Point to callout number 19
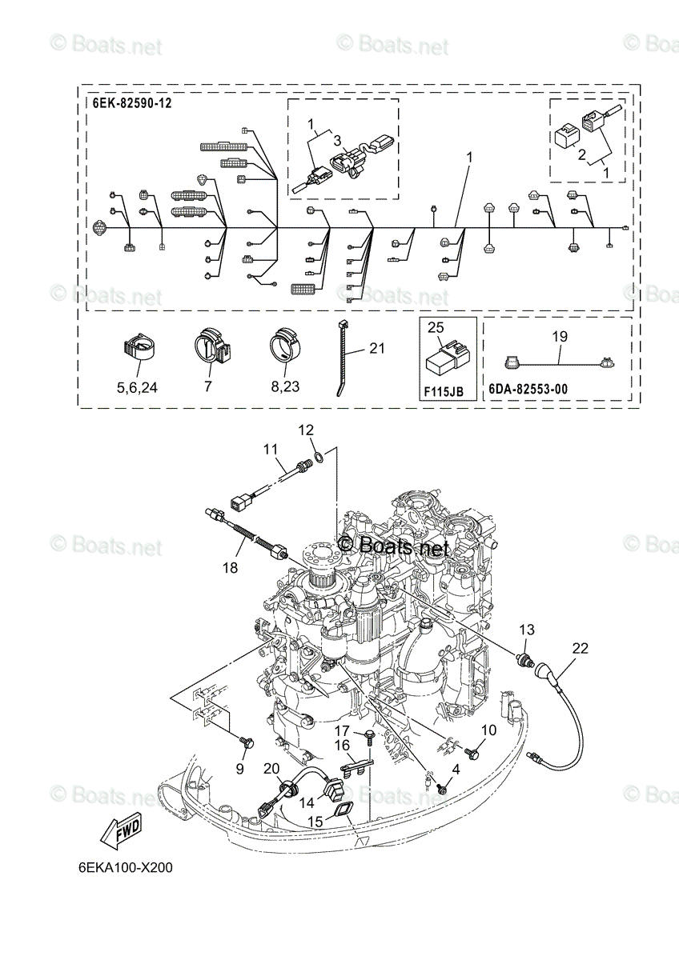click(560, 338)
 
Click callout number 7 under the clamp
click(208, 386)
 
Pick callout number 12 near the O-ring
click(307, 430)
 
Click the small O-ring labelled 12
click(319, 458)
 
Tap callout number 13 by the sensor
click(526, 630)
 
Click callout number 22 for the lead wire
click(579, 648)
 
